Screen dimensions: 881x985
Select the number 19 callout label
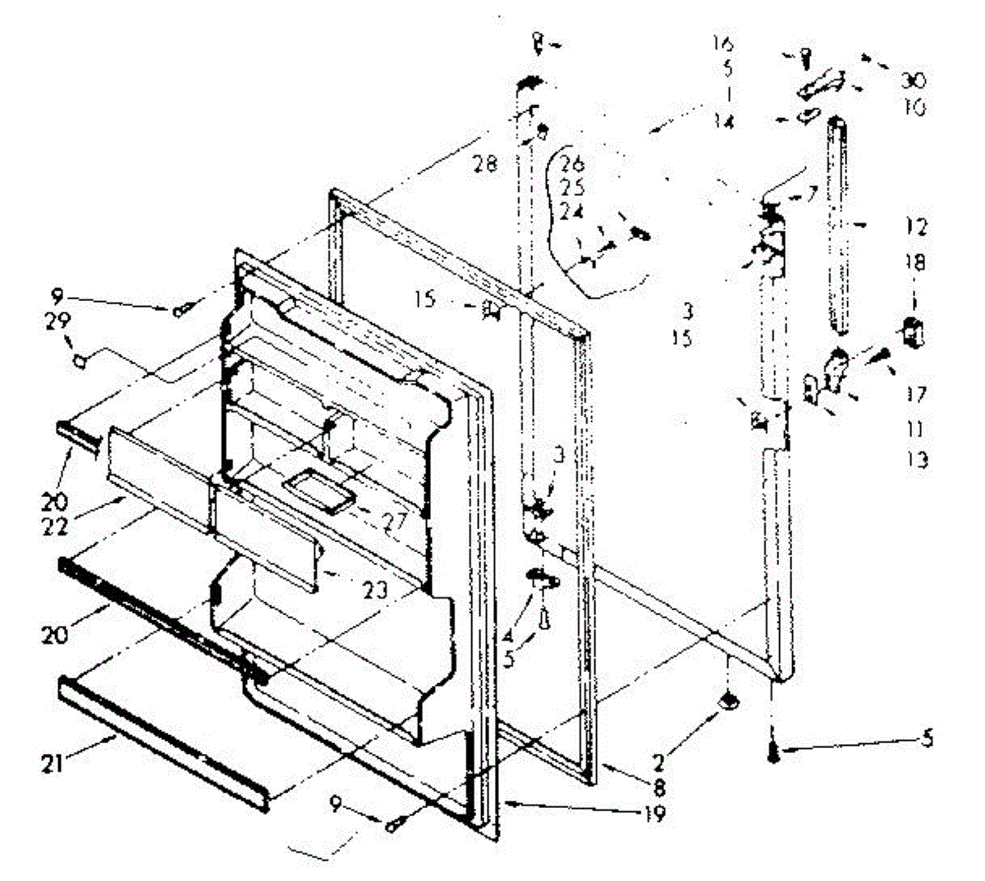(656, 815)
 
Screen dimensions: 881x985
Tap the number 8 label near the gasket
(659, 792)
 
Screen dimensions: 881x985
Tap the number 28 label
(485, 165)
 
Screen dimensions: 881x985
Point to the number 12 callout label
(917, 226)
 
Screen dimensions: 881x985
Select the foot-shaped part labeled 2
(727, 701)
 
